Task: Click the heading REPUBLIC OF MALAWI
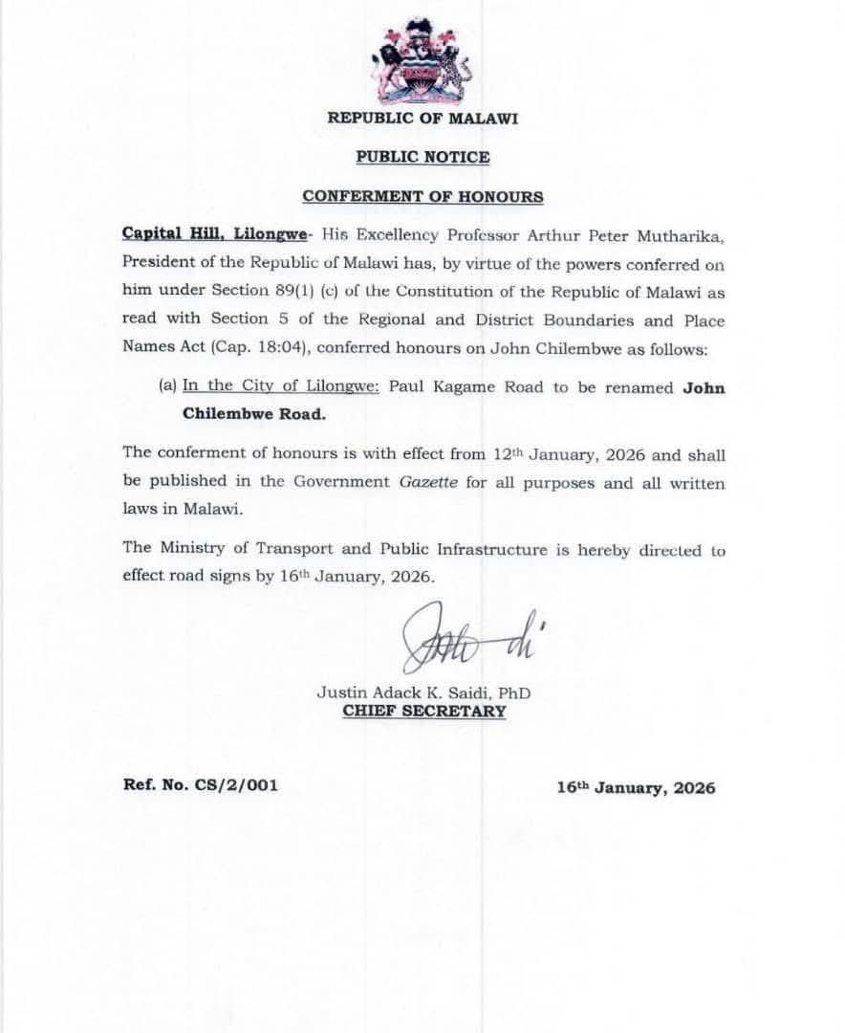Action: pyautogui.click(x=422, y=119)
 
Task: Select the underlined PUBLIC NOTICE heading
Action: pyautogui.click(x=422, y=157)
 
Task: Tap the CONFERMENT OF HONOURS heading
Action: pyautogui.click(x=422, y=196)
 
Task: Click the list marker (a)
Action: pyautogui.click(x=168, y=387)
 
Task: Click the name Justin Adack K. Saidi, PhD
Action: pyautogui.click(x=423, y=692)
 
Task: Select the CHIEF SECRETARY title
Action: pyautogui.click(x=423, y=712)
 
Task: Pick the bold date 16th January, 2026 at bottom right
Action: pyautogui.click(x=636, y=788)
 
